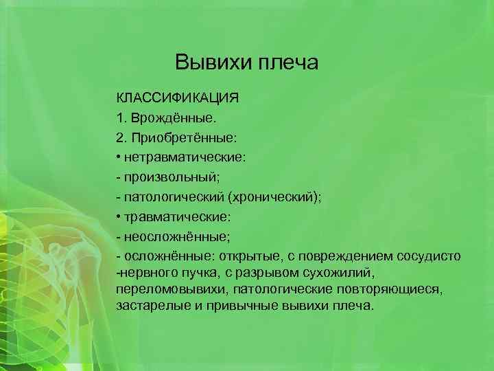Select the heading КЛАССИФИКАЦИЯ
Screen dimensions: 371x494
[177, 96]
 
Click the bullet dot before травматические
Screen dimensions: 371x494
[119, 216]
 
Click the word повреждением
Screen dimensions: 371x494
[339, 256]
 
